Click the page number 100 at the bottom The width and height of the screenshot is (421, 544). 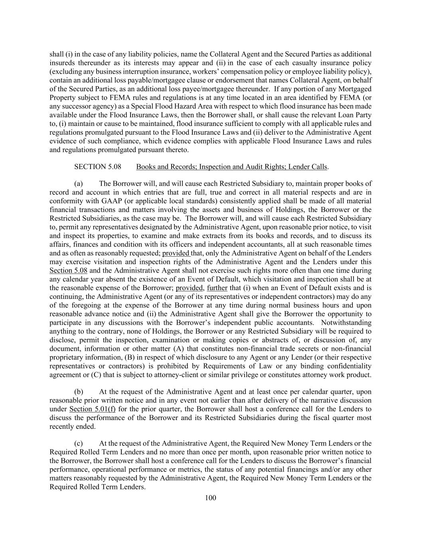click(210, 497)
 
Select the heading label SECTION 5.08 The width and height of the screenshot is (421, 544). click(98, 167)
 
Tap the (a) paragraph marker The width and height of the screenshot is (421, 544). click(79, 184)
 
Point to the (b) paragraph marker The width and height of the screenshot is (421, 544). click(79, 392)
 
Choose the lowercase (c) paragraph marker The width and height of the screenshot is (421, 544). click(79, 444)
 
